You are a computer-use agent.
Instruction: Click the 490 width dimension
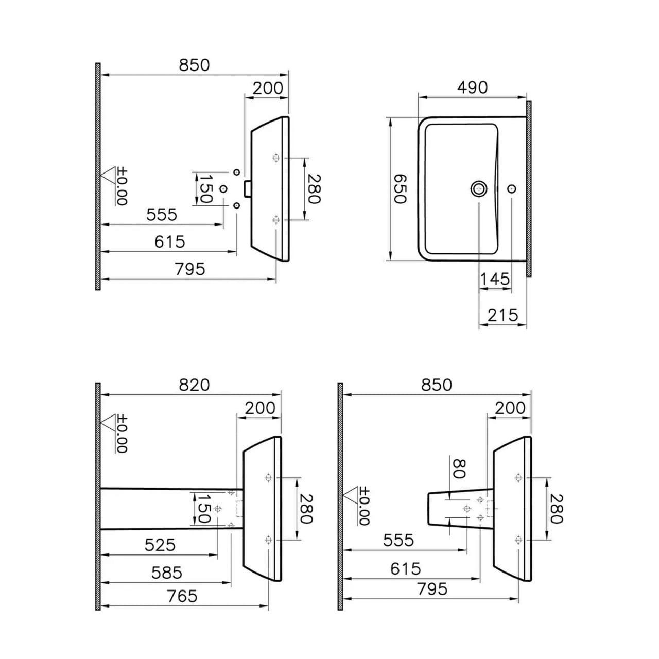point(472,88)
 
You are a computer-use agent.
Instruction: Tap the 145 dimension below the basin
point(495,280)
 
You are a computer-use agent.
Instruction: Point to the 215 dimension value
point(502,315)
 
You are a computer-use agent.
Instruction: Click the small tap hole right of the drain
point(511,188)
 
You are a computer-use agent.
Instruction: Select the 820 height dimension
point(194,385)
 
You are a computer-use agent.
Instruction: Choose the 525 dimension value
point(160,545)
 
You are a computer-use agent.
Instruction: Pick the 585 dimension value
point(167,573)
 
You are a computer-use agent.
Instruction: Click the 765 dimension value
point(182,596)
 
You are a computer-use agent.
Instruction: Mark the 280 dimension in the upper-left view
point(315,188)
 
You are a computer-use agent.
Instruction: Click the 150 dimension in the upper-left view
point(206,188)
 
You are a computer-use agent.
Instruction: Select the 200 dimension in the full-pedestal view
point(259,408)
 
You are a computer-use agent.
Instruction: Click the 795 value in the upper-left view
point(189,269)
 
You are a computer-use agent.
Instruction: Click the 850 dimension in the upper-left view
point(194,65)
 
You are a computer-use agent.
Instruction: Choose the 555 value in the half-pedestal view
point(398,540)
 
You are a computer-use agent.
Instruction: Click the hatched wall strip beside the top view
point(529,188)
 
